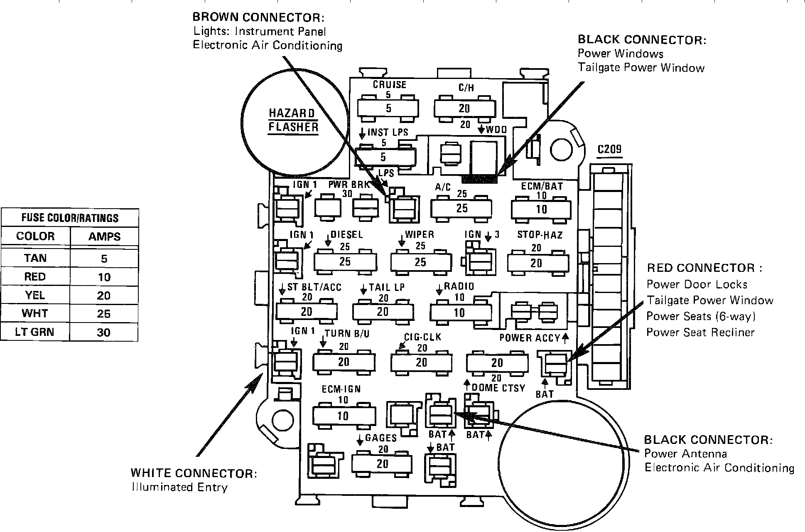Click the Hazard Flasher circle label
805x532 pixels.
293,120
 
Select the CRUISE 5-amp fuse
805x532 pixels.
388,108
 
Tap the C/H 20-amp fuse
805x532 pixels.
464,108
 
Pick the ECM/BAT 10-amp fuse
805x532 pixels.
542,209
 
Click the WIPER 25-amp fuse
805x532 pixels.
421,262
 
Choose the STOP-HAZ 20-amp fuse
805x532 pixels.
537,263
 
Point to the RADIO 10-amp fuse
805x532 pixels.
460,313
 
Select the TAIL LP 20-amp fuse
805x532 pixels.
383,312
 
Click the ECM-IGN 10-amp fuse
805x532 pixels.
344,416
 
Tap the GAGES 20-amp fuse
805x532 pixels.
382,463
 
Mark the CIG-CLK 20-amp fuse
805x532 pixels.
421,362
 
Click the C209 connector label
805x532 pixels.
609,149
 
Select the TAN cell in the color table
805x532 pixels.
35,258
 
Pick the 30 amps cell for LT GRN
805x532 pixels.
104,332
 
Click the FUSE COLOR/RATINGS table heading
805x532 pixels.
70,218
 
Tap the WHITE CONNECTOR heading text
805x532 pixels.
194,473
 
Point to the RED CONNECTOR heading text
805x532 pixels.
704,268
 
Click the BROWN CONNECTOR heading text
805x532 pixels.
258,17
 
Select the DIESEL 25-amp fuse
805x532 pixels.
345,262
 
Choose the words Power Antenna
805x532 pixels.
685,454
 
